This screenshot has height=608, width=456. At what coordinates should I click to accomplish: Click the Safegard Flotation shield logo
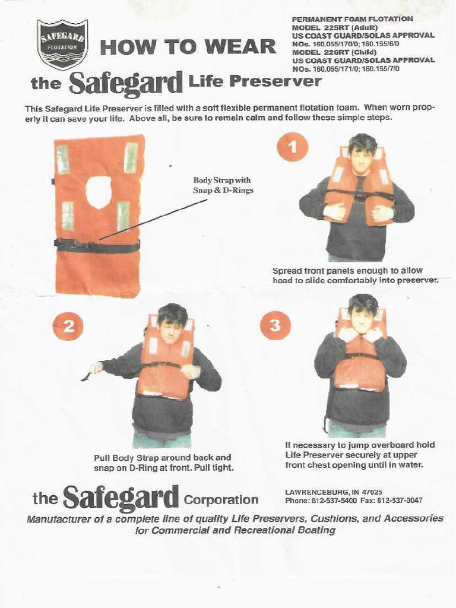pyautogui.click(x=62, y=44)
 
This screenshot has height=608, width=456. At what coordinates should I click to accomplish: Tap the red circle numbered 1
pyautogui.click(x=292, y=147)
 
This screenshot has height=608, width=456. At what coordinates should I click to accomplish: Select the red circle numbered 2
pyautogui.click(x=68, y=326)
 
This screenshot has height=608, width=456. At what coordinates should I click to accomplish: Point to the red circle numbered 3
pyautogui.click(x=275, y=325)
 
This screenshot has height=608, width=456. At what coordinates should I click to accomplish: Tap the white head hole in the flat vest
pyautogui.click(x=99, y=192)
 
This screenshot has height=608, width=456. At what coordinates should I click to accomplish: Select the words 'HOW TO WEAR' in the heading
pyautogui.click(x=188, y=47)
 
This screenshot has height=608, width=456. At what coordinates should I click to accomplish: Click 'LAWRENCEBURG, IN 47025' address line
pyautogui.click(x=333, y=492)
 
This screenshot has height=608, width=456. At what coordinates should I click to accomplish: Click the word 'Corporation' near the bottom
pyautogui.click(x=221, y=499)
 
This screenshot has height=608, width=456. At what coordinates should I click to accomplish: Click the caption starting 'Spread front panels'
pyautogui.click(x=355, y=275)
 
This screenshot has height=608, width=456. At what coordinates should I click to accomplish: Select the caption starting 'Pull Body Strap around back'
pyautogui.click(x=163, y=463)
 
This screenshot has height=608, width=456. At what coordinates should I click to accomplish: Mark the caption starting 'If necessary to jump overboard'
pyautogui.click(x=360, y=455)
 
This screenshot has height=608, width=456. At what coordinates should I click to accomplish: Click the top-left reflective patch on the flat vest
pyautogui.click(x=63, y=159)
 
